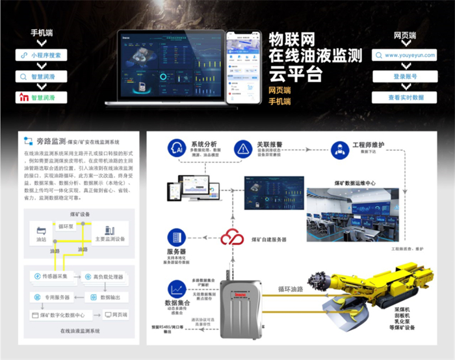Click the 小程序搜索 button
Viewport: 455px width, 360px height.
[x=42, y=55]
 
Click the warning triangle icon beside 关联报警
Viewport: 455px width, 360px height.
[x=242, y=149]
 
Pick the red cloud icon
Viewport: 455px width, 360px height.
[x=231, y=238]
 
